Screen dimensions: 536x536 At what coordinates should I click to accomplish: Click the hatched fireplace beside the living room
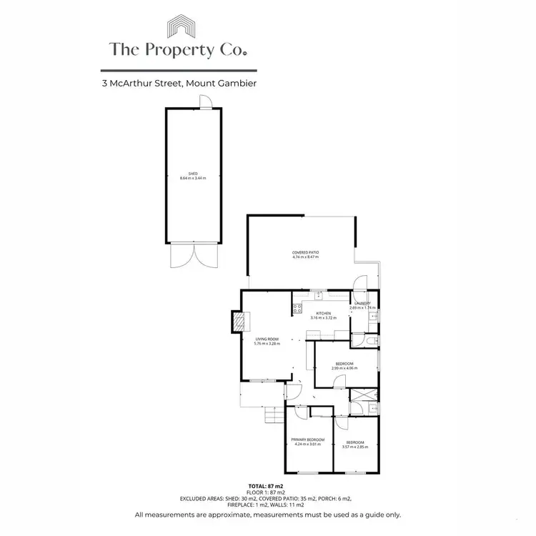(236, 322)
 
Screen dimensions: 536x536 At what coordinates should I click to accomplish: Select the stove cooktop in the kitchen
(296, 309)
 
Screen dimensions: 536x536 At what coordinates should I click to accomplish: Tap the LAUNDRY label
(362, 304)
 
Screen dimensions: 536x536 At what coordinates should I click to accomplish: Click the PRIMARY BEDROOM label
(307, 440)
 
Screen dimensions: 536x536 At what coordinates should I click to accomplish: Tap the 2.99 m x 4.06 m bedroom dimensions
(344, 368)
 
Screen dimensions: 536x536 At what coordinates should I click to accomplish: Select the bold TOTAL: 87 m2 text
(268, 485)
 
